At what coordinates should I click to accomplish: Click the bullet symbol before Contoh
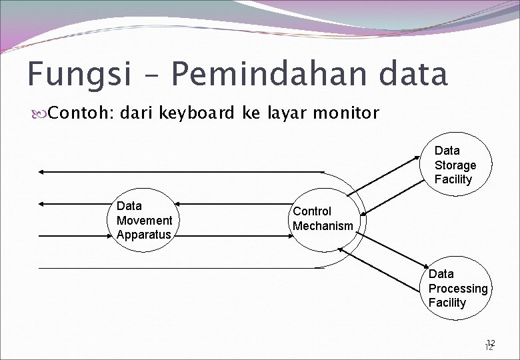(x=41, y=113)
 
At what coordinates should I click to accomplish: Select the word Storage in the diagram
(x=455, y=165)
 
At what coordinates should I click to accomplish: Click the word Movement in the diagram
(x=144, y=221)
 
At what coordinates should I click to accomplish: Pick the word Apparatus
(x=143, y=235)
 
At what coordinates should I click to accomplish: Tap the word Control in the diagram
(x=312, y=211)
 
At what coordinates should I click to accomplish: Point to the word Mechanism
(x=323, y=226)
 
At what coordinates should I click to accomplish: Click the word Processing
(x=458, y=289)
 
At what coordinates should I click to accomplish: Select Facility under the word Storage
(x=453, y=179)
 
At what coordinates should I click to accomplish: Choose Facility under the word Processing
(x=447, y=303)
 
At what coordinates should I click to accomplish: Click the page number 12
(x=490, y=344)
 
